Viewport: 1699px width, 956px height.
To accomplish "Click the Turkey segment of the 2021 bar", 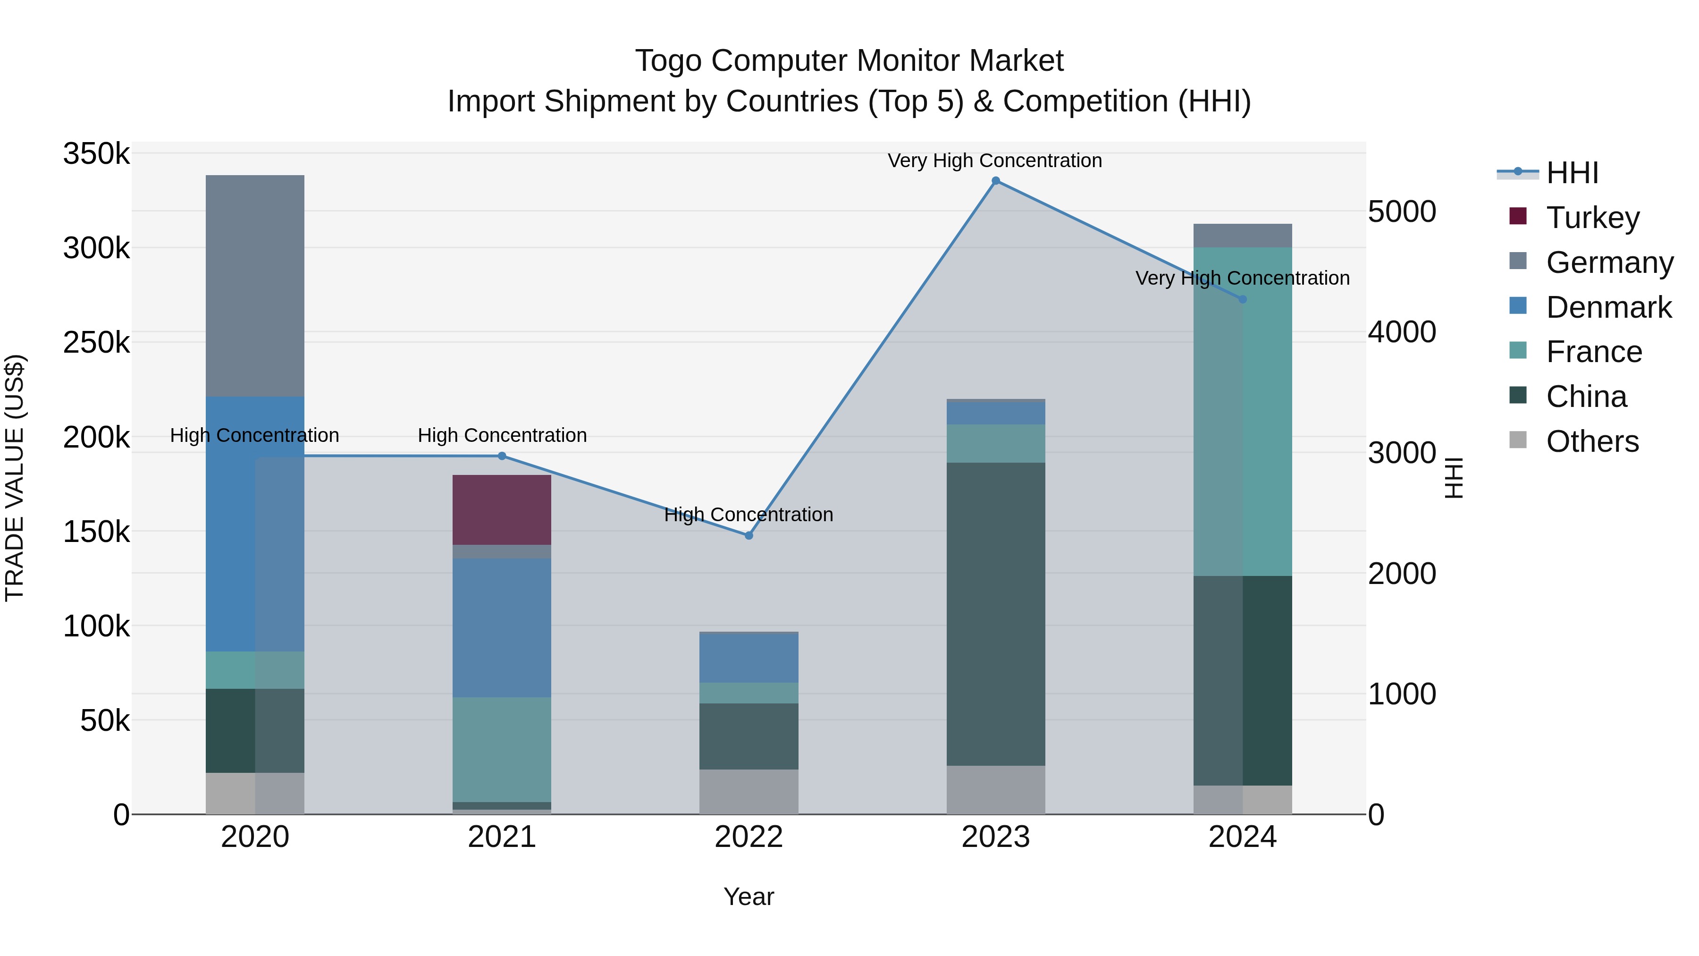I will pyautogui.click(x=501, y=509).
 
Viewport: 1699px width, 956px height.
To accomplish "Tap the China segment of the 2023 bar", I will pyautogui.click(x=995, y=614).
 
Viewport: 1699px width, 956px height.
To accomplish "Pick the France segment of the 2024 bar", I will pyautogui.click(x=1242, y=411).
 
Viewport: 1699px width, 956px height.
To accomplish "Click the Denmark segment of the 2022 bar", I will pyautogui.click(x=749, y=657).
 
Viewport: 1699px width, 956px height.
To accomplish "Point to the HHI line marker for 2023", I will pyautogui.click(x=995, y=181).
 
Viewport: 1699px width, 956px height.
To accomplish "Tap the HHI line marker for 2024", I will pyautogui.click(x=1242, y=299).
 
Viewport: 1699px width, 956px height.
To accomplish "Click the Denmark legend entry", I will pyautogui.click(x=1608, y=307).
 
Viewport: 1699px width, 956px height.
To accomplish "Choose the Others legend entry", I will pyautogui.click(x=1591, y=441).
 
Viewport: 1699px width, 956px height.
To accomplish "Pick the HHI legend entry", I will pyautogui.click(x=1572, y=173).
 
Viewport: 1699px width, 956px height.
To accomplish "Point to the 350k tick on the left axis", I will pyautogui.click(x=96, y=154).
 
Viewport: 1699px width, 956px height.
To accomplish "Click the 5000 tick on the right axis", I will pyautogui.click(x=1402, y=212).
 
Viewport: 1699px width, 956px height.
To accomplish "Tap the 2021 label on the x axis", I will pyautogui.click(x=501, y=837).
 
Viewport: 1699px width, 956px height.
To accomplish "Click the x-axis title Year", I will pyautogui.click(x=749, y=897).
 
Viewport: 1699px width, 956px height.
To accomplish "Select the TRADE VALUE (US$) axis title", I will pyautogui.click(x=15, y=478).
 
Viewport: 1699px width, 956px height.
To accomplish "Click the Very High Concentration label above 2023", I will pyautogui.click(x=994, y=161).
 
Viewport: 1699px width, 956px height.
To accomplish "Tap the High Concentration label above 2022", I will pyautogui.click(x=749, y=514).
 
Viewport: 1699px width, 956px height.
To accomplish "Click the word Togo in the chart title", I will pyautogui.click(x=669, y=61).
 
